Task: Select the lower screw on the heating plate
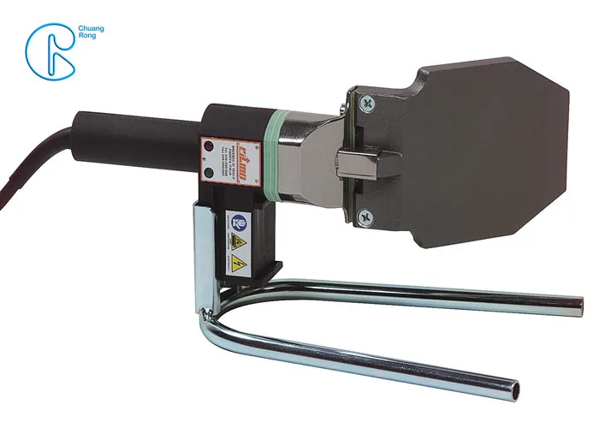pyautogui.click(x=366, y=215)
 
